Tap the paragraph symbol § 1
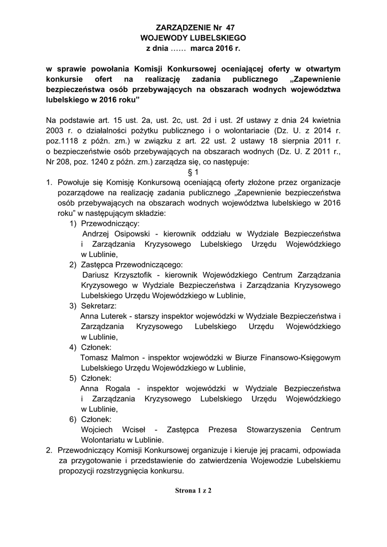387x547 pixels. pos(193,172)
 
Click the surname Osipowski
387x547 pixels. pos(131,233)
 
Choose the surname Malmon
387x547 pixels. pos(126,357)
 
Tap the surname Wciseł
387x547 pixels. pos(130,430)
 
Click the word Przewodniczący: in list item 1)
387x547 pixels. pos(110,223)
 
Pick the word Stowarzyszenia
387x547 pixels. pos(274,430)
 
